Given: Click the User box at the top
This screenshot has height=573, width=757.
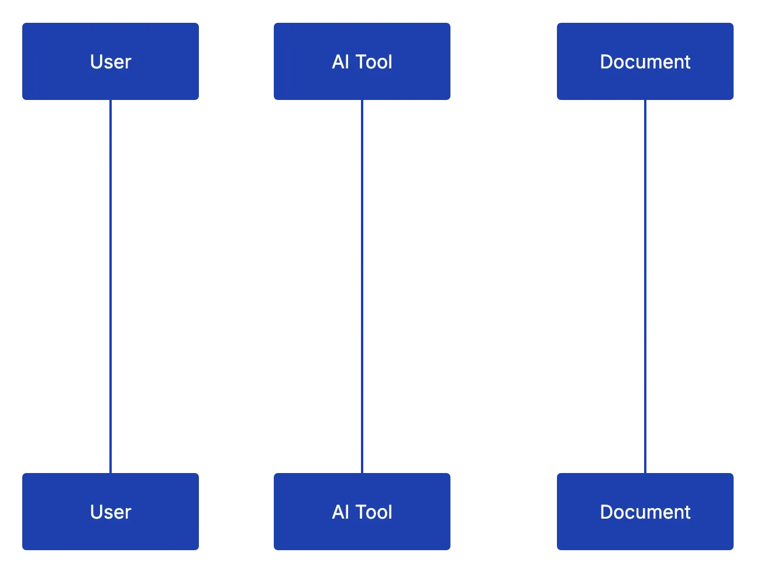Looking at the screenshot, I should [110, 61].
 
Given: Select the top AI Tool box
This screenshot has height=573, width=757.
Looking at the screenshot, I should [362, 61].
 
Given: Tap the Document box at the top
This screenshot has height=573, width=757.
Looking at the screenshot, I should [645, 61].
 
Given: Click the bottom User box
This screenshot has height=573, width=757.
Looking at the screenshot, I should [110, 512].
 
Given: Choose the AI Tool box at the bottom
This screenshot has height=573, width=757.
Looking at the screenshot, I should [362, 512].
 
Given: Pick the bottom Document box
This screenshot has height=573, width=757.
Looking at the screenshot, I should [645, 512].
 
